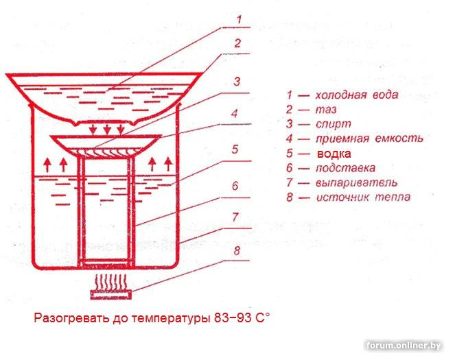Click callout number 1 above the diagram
pos(238,19)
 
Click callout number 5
pos(235,148)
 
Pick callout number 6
pos(235,186)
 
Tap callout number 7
pos(235,217)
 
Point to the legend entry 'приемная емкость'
pos(364,139)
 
